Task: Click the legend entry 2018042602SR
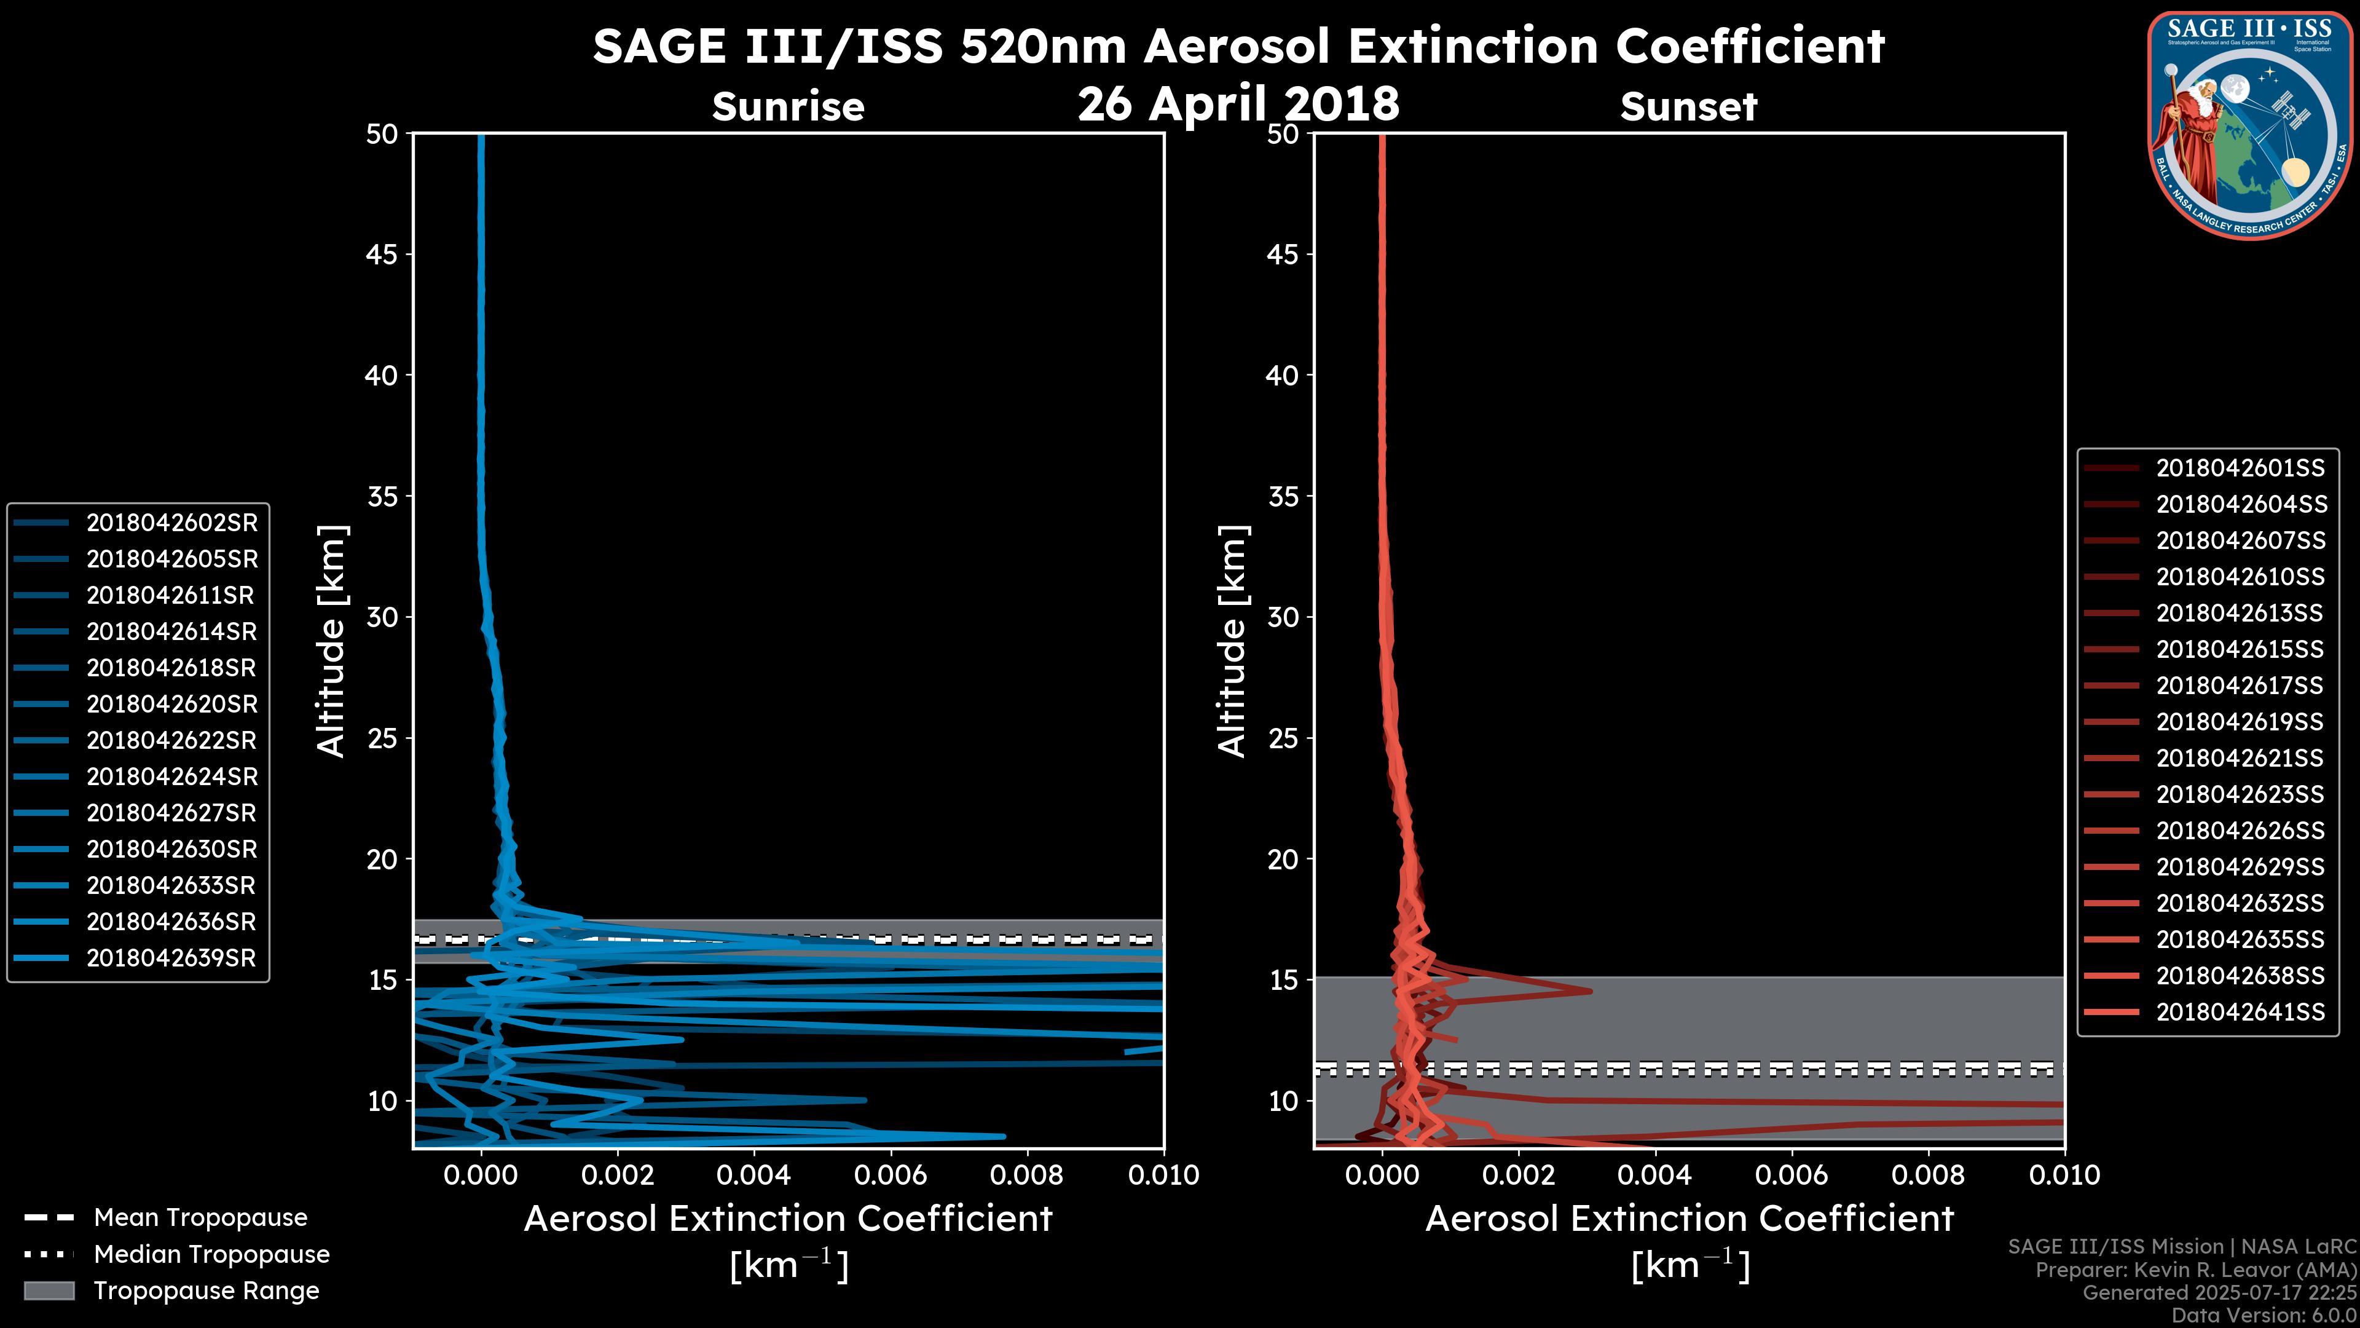(171, 523)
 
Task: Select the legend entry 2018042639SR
(171, 958)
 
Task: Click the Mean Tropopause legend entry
(200, 1217)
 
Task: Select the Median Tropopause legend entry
(211, 1254)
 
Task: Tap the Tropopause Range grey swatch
(49, 1290)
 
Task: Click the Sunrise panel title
(788, 107)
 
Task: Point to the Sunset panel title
(1688, 107)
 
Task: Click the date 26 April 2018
(1238, 103)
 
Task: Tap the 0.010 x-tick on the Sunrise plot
(1163, 1175)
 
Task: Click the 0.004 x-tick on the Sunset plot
(1654, 1175)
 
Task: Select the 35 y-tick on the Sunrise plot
(382, 497)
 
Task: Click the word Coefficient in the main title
(1749, 46)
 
